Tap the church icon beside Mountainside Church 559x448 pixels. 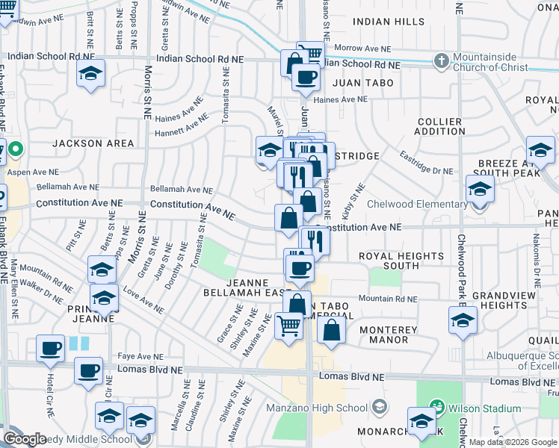click(442, 60)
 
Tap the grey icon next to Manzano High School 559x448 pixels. click(380, 408)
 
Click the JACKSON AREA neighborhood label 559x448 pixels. click(93, 143)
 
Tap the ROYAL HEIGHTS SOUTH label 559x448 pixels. click(401, 261)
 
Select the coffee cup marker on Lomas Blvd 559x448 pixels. click(88, 370)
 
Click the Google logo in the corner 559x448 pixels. click(25, 439)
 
